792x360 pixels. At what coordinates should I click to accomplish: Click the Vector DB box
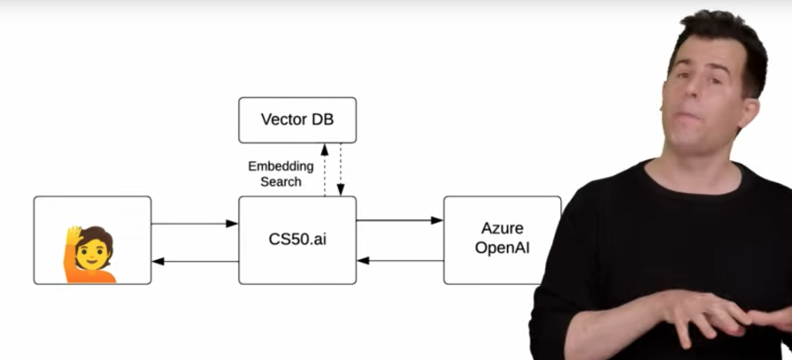point(297,120)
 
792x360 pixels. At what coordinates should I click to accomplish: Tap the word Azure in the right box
point(502,228)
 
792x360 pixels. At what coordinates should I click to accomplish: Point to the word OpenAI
point(502,248)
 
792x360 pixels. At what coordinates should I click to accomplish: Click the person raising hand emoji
point(90,254)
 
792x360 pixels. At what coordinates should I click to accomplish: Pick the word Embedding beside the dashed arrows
point(281,165)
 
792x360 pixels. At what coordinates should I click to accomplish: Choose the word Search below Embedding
point(281,181)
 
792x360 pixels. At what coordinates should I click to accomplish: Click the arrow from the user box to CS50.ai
point(195,224)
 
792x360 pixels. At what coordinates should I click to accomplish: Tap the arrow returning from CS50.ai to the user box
point(195,261)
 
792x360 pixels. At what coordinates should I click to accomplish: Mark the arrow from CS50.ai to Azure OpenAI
point(399,220)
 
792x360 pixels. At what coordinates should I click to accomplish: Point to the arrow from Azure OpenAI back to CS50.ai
point(399,261)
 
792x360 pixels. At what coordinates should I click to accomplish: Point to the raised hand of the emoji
point(74,236)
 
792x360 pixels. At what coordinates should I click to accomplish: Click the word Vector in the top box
point(282,119)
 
